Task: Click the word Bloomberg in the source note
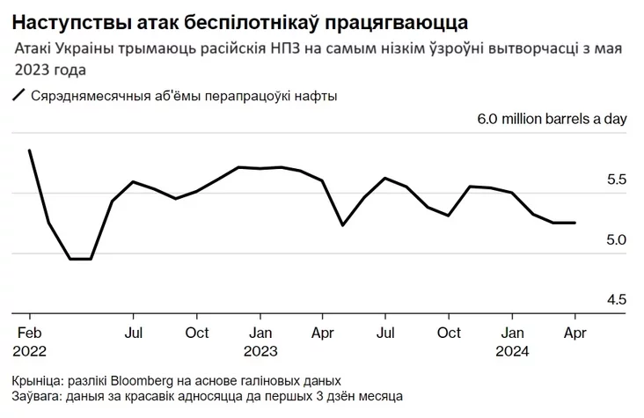click(143, 381)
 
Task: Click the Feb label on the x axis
click(30, 334)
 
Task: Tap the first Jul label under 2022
click(133, 334)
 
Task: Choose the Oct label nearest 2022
click(197, 334)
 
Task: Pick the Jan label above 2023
click(260, 334)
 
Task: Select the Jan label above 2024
click(514, 334)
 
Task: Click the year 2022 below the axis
click(32, 350)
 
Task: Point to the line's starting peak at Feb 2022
click(30, 150)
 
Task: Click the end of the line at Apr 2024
click(575, 223)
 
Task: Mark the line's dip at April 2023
click(342, 224)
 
